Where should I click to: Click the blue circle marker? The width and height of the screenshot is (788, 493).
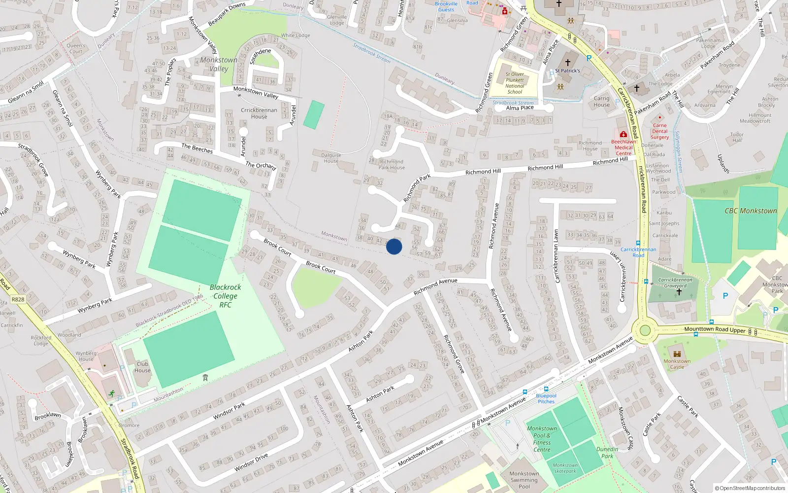(x=394, y=246)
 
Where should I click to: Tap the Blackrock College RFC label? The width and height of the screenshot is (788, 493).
(x=225, y=296)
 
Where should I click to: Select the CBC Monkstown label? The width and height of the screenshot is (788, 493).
(x=751, y=211)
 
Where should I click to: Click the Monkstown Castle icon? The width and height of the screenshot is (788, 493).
(x=677, y=354)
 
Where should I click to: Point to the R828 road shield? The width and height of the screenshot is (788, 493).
(x=18, y=299)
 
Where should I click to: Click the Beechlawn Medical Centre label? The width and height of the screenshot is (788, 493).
(x=624, y=147)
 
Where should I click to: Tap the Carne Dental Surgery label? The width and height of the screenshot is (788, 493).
(x=659, y=131)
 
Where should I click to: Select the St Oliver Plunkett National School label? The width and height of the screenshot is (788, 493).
(x=515, y=83)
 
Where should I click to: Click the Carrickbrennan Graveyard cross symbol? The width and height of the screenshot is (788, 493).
(x=679, y=292)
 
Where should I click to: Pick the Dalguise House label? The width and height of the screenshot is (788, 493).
(x=331, y=158)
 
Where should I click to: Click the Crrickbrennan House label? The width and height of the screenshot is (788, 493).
(x=259, y=113)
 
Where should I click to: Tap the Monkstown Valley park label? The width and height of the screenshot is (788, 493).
(x=219, y=64)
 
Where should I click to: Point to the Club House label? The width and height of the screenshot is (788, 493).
(x=142, y=367)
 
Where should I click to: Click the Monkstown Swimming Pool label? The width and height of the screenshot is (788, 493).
(x=524, y=480)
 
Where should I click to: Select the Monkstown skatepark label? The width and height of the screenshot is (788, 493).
(x=565, y=468)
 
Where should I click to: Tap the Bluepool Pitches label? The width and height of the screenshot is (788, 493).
(x=546, y=398)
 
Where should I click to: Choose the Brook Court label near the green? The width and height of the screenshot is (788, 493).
(x=321, y=267)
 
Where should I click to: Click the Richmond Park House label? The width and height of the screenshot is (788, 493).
(x=392, y=165)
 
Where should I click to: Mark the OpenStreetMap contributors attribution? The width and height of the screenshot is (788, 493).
(x=750, y=488)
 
